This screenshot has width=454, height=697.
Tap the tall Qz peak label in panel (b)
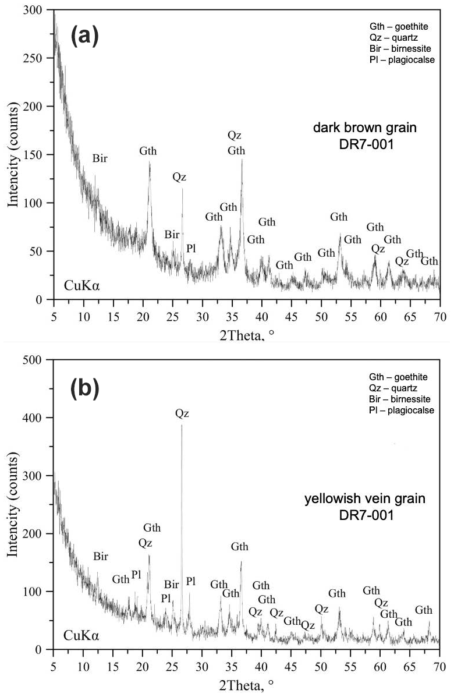(x=182, y=414)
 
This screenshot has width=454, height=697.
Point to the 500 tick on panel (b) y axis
(x=41, y=360)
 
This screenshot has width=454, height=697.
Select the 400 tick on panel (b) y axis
(x=41, y=418)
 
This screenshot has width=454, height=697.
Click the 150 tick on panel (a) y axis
(x=41, y=155)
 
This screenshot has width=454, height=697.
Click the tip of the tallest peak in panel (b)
(x=182, y=425)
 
